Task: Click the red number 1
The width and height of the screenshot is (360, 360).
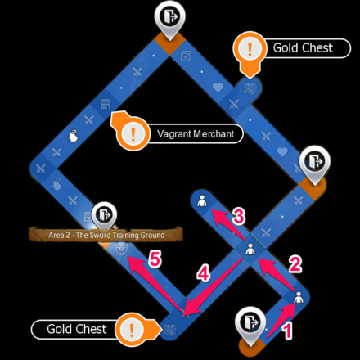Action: pyautogui.click(x=287, y=330)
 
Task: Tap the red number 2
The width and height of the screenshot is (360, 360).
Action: pyautogui.click(x=295, y=263)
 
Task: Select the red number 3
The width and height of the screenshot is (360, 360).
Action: pyautogui.click(x=239, y=216)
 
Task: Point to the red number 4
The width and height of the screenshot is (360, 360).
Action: pyautogui.click(x=204, y=273)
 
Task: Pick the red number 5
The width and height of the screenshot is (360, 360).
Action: pyautogui.click(x=155, y=259)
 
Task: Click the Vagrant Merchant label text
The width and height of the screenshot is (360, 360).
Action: pyautogui.click(x=196, y=134)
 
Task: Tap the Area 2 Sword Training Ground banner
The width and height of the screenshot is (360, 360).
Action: pyautogui.click(x=106, y=235)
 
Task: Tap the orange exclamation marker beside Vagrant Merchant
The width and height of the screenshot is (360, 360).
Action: pyautogui.click(x=133, y=133)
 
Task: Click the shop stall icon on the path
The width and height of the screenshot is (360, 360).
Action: pyautogui.click(x=106, y=104)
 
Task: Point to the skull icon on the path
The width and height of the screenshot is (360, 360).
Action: pyautogui.click(x=120, y=248)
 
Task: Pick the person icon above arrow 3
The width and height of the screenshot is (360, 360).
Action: pyautogui.click(x=202, y=200)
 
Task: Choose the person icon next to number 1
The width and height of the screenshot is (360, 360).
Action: pyautogui.click(x=299, y=297)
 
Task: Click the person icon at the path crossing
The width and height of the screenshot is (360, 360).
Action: pyautogui.click(x=250, y=249)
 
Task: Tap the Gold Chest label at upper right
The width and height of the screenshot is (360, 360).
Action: pyautogui.click(x=303, y=48)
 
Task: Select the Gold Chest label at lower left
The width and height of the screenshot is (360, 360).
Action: pyautogui.click(x=76, y=329)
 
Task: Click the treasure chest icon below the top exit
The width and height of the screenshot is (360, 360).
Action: pyautogui.click(x=186, y=56)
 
